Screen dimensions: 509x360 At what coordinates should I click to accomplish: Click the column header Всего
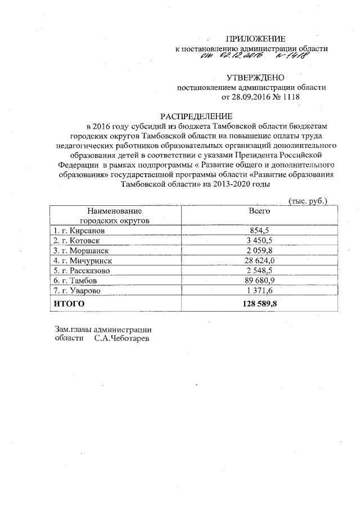pos(260,211)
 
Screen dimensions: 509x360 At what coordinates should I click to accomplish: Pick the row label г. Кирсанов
pos(78,231)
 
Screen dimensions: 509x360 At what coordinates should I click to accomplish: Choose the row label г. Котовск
pos(76,241)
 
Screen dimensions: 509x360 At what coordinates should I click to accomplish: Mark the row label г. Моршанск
pos(80,251)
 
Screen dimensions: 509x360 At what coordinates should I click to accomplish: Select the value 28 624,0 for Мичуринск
pos(260,261)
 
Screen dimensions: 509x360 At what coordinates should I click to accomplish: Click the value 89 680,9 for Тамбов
pos(260,281)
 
